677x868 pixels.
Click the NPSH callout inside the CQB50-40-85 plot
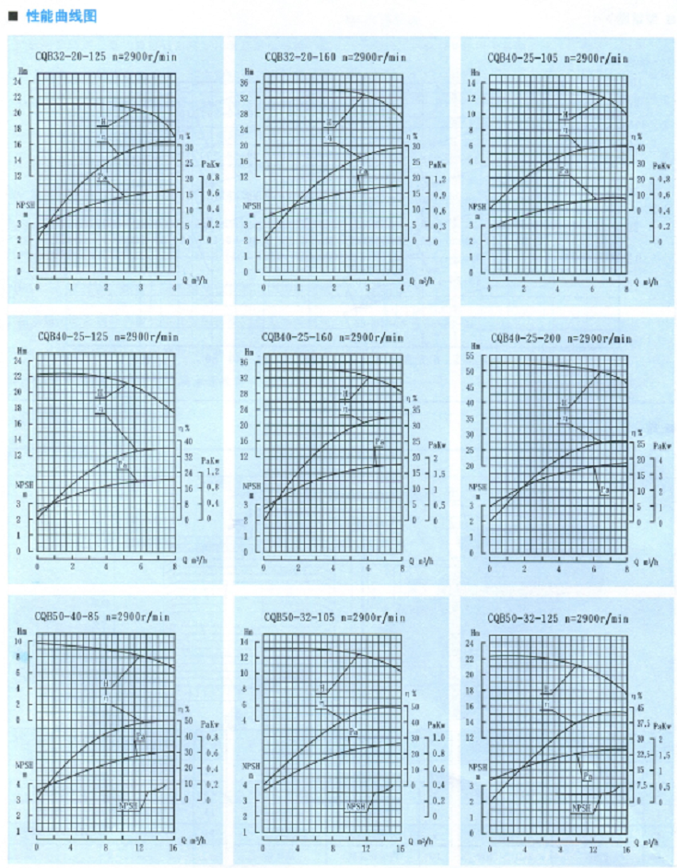(x=127, y=805)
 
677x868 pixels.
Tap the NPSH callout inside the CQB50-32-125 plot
(x=581, y=808)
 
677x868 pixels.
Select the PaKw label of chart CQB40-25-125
(x=210, y=460)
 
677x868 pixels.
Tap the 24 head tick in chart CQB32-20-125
(x=18, y=82)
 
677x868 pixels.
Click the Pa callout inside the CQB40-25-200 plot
(x=604, y=489)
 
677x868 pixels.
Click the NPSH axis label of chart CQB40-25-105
(x=475, y=208)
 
